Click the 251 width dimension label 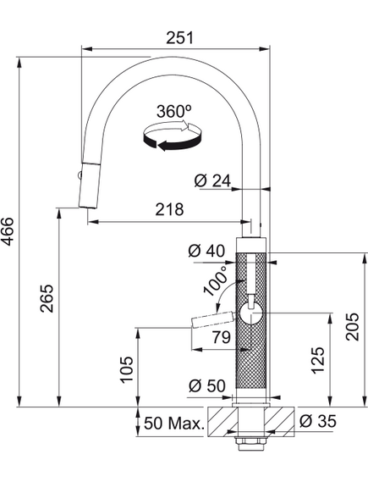[x=180, y=37]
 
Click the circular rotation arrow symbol [x=173, y=136]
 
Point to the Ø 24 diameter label [x=212, y=180]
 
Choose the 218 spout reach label [x=169, y=209]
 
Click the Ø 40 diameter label [x=206, y=251]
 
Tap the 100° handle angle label [x=215, y=280]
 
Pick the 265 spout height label [x=47, y=298]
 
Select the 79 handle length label [x=222, y=337]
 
